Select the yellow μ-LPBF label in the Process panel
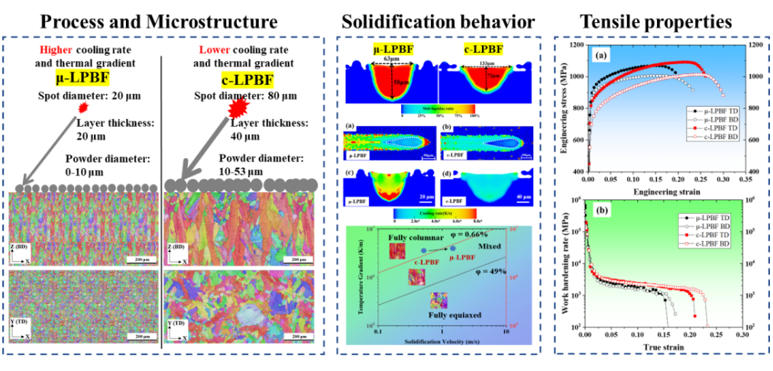pyautogui.click(x=81, y=79)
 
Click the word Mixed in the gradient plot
pyautogui.click(x=490, y=248)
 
